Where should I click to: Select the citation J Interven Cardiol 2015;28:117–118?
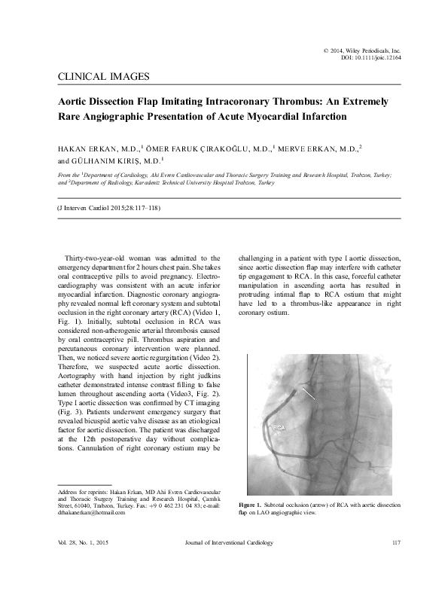[109, 207]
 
